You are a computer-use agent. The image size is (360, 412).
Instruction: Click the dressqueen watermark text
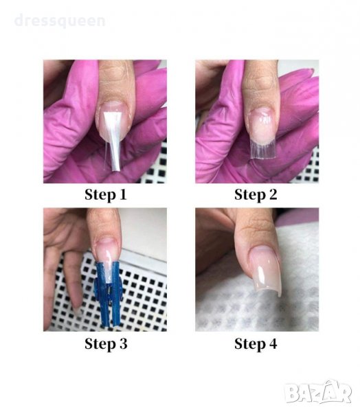pos(60,21)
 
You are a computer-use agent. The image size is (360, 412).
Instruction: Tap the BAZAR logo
pos(318,392)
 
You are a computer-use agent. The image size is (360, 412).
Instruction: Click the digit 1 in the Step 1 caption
pos(123,195)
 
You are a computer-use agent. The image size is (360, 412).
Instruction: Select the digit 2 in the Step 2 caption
pos(273,195)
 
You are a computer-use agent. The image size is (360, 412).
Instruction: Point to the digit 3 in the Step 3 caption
pos(123,343)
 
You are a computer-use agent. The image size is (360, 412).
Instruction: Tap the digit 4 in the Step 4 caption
pos(273,343)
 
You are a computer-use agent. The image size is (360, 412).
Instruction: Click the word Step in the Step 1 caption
pos(100,196)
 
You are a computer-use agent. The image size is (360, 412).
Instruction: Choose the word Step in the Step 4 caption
pos(250,344)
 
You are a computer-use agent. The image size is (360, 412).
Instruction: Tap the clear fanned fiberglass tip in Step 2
pos(263,149)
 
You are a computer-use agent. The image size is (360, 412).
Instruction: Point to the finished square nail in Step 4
pos(266,271)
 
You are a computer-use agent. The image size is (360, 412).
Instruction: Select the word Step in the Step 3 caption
pos(100,344)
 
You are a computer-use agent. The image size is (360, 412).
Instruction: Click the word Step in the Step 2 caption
pos(250,196)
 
